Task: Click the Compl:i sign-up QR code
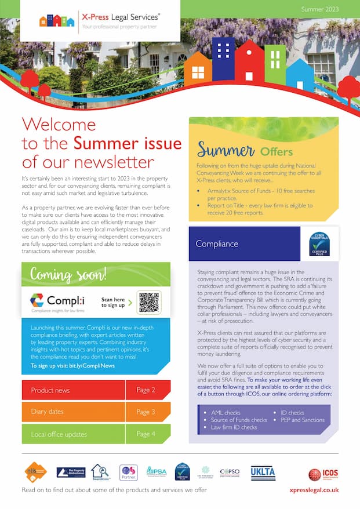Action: (149, 302)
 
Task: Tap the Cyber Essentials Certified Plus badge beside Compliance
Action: (319, 244)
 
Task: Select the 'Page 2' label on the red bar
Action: (146, 390)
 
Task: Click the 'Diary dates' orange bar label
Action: (48, 412)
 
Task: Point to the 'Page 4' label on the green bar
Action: (146, 434)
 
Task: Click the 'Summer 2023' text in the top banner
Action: (320, 9)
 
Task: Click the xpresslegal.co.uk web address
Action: (314, 490)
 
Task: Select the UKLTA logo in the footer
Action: (263, 472)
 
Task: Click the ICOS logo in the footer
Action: (323, 474)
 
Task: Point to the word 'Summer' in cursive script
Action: (226, 150)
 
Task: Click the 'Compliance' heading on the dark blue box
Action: (217, 244)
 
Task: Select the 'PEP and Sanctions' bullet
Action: (303, 420)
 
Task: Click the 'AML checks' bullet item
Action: (226, 413)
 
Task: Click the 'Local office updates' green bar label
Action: (59, 434)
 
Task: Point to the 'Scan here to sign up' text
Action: (112, 302)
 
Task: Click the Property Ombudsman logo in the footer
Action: (71, 472)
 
